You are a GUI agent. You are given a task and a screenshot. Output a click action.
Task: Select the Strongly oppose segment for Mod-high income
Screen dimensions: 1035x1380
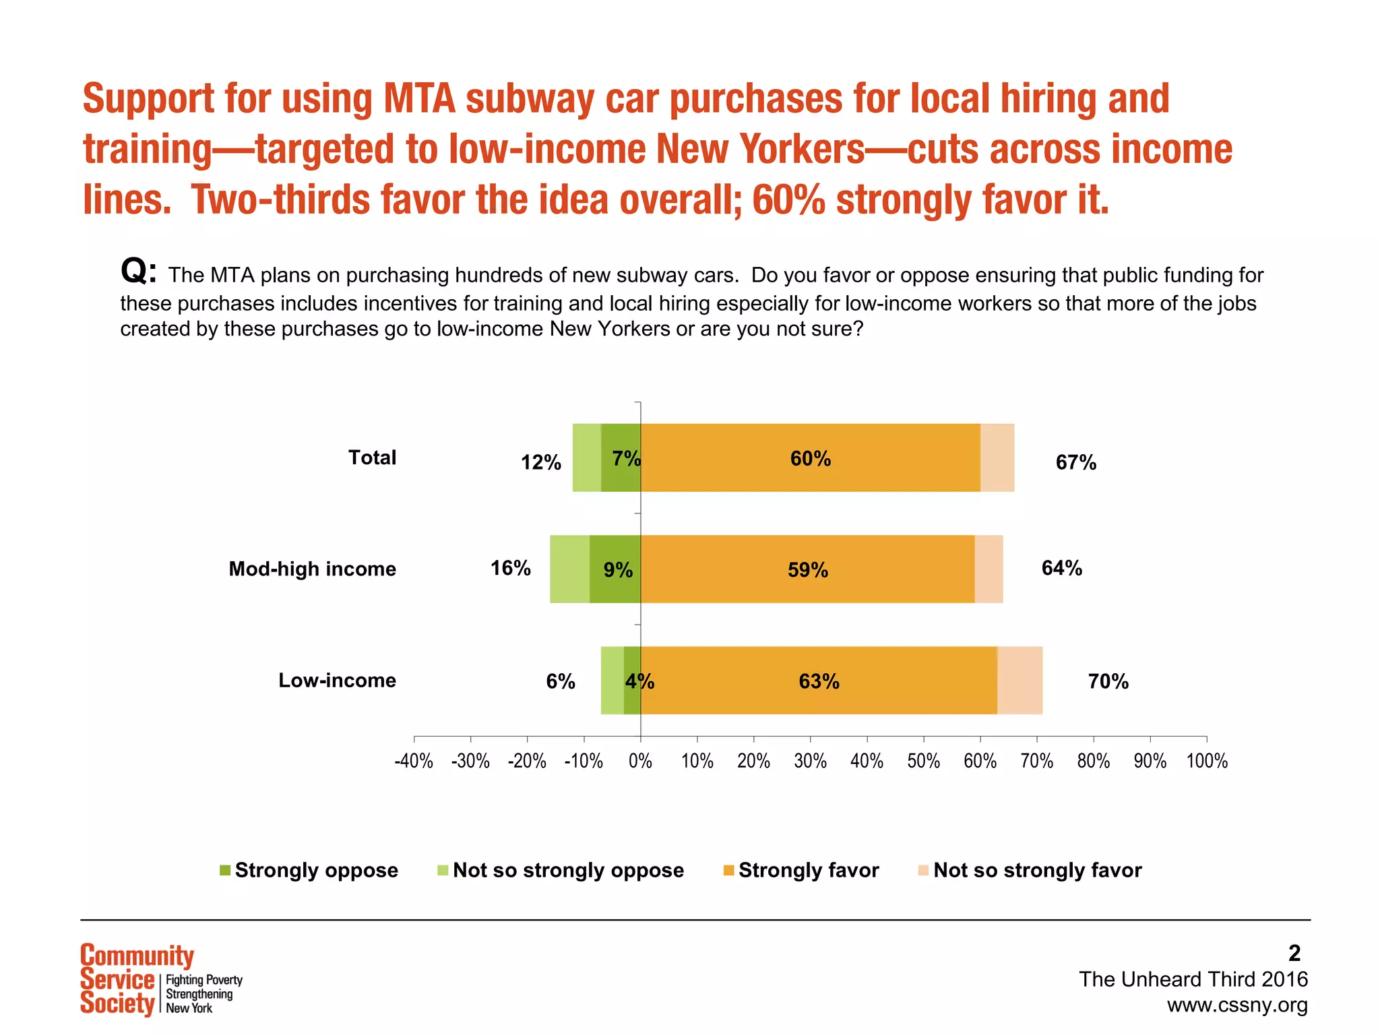click(x=615, y=586)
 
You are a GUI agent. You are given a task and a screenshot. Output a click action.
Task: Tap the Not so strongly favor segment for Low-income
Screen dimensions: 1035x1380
click(x=1020, y=680)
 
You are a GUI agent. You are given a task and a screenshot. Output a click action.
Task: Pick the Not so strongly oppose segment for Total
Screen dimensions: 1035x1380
click(x=586, y=458)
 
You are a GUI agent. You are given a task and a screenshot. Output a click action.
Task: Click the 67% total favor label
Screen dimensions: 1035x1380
click(x=1075, y=462)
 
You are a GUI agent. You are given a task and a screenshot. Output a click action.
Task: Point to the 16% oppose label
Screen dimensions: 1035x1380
click(x=510, y=568)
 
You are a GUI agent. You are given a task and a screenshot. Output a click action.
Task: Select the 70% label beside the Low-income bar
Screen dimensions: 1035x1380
click(x=1108, y=681)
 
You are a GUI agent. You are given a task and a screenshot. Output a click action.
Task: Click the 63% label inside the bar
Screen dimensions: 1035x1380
click(x=819, y=681)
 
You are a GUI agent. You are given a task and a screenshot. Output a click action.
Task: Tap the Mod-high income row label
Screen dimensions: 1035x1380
click(x=312, y=569)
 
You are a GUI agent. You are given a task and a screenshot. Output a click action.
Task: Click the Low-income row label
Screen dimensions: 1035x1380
click(x=337, y=680)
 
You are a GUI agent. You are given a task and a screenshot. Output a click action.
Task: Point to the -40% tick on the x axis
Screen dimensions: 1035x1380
click(x=413, y=761)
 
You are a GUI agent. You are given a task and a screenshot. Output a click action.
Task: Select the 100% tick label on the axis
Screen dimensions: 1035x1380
click(x=1206, y=761)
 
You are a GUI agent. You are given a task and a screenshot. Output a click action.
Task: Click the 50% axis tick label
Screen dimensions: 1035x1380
click(x=923, y=761)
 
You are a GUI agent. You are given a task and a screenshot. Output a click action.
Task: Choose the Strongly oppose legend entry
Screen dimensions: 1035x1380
click(x=309, y=870)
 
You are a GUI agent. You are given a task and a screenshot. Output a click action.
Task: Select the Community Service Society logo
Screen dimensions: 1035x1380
click(x=160, y=980)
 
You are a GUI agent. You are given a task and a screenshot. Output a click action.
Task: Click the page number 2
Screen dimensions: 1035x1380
click(x=1294, y=953)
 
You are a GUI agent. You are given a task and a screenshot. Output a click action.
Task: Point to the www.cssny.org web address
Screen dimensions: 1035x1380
click(x=1236, y=1005)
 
